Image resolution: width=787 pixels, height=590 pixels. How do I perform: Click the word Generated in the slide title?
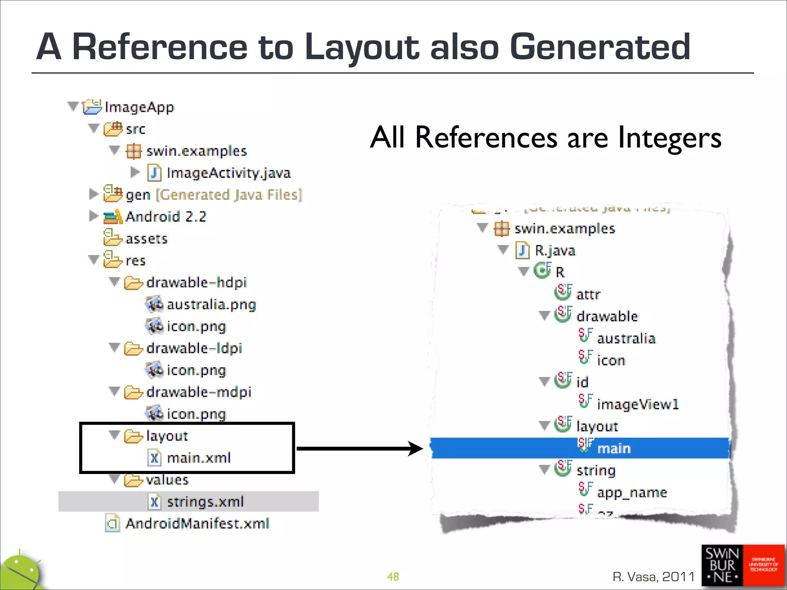point(600,47)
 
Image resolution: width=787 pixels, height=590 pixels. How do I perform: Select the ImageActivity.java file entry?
point(228,173)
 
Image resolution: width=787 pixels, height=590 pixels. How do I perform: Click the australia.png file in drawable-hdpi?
point(211,305)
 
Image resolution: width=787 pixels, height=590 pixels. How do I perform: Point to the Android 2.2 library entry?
point(166,217)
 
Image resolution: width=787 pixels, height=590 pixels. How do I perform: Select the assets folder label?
point(146,239)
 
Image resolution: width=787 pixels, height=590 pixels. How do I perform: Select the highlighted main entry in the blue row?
point(614,449)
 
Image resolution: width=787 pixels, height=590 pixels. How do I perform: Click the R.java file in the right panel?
point(555,251)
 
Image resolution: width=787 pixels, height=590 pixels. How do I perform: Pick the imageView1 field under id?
point(638,404)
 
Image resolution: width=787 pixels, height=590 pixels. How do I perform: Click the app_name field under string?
point(632,492)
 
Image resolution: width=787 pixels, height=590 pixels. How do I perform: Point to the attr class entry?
point(588,295)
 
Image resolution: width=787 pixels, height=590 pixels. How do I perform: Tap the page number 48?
point(393,577)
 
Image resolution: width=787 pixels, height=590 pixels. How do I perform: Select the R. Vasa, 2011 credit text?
point(653,577)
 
